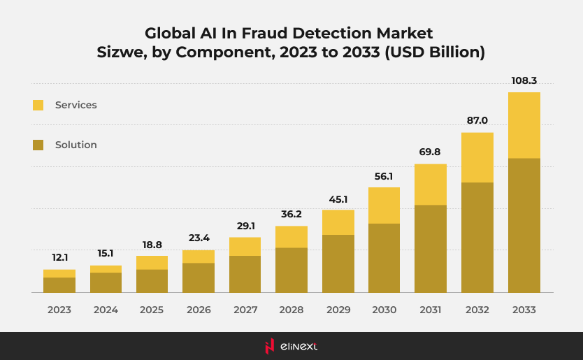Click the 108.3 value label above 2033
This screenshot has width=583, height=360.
click(x=524, y=80)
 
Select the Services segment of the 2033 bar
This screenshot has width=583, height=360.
click(x=524, y=125)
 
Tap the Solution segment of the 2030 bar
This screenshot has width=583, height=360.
click(x=384, y=257)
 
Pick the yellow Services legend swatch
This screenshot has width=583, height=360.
click(x=38, y=105)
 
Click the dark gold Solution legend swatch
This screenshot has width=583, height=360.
click(x=38, y=145)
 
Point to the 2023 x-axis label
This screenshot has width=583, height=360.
click(x=59, y=309)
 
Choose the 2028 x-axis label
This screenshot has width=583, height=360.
click(x=291, y=309)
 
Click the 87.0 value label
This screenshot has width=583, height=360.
click(x=477, y=120)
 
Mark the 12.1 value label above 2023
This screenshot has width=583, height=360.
click(x=59, y=257)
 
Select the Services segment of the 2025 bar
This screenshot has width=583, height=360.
click(x=152, y=262)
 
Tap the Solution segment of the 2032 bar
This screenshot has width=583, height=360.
click(x=477, y=237)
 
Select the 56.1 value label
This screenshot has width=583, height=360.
click(x=384, y=176)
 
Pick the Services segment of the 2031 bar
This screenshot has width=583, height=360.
click(x=431, y=185)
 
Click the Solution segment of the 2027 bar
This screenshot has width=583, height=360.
click(x=245, y=273)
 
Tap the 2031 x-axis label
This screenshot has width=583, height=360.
click(x=431, y=309)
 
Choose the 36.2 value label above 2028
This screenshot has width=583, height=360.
click(x=291, y=214)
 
